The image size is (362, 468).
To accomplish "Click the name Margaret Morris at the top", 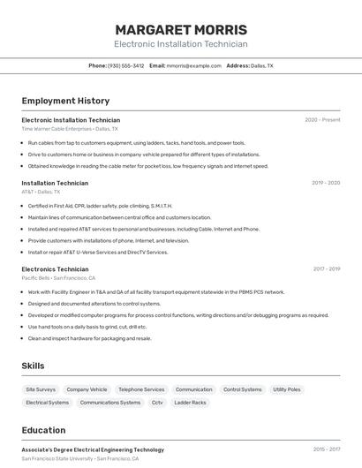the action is (181, 29).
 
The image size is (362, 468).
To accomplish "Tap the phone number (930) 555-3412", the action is (125, 65).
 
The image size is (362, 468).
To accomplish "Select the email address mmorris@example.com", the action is (194, 65).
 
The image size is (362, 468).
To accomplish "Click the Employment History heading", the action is (65, 101).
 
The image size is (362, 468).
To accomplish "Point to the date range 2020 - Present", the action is (322, 120).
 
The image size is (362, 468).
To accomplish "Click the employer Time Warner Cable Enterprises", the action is (57, 129).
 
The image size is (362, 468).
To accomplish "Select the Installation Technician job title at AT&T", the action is (55, 183).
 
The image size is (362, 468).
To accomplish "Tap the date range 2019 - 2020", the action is (326, 183).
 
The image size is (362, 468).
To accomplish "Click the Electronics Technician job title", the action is (55, 268).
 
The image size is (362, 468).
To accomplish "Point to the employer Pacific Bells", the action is (36, 277).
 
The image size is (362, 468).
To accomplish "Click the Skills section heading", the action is (33, 366).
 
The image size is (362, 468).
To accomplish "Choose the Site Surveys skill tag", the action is (41, 389).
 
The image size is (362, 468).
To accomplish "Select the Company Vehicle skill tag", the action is (87, 389).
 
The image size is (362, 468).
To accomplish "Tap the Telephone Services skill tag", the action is (141, 389).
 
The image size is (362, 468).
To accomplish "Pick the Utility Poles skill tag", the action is (287, 389).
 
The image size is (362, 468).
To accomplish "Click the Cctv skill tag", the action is (157, 403).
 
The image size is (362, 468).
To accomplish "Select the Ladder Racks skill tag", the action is (190, 403).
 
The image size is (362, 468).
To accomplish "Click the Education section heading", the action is (43, 430).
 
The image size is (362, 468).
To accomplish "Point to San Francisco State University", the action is (57, 458).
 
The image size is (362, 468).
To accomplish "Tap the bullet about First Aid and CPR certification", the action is (100, 206).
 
